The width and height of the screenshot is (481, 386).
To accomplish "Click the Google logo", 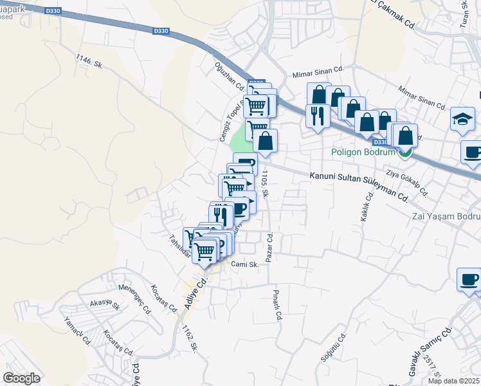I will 21,378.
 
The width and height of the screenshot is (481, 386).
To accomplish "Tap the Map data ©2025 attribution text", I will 453,381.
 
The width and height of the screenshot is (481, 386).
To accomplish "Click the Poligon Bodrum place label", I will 362,152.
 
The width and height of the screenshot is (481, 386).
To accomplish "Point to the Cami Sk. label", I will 244,264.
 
